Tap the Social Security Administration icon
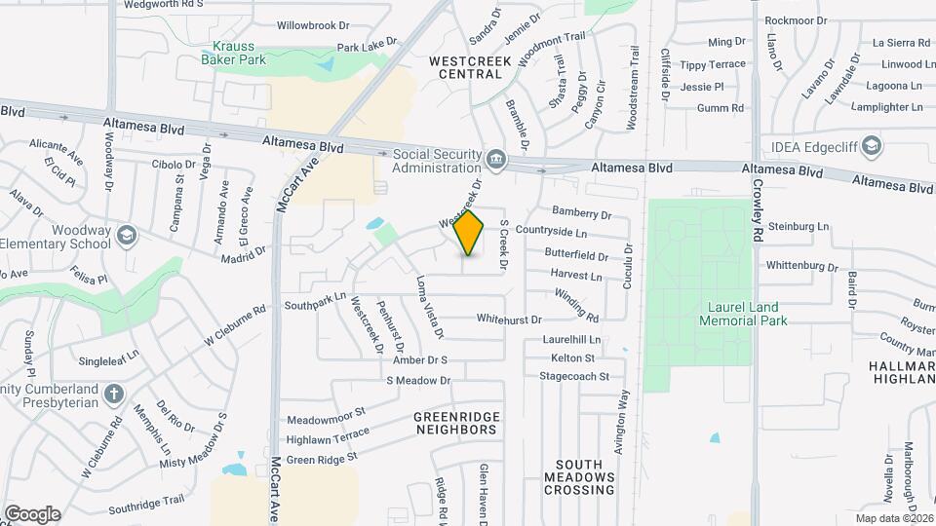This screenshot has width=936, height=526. [x=496, y=158]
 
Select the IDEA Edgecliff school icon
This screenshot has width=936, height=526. [x=872, y=147]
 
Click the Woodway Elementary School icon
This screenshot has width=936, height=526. [x=126, y=236]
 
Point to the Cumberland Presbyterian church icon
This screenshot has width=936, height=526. [x=114, y=394]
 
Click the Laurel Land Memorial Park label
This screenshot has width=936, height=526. [x=747, y=313]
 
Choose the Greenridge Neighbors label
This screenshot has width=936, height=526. [x=456, y=423]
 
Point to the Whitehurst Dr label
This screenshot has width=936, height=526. [x=508, y=319]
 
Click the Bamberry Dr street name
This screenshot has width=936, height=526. [x=581, y=213]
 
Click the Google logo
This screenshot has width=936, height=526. [x=31, y=513]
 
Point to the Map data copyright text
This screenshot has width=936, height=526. [x=895, y=517]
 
